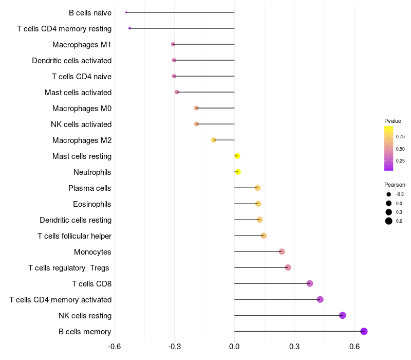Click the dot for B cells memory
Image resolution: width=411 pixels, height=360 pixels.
pyautogui.click(x=364, y=331)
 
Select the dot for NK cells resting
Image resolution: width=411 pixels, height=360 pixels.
pyautogui.click(x=343, y=315)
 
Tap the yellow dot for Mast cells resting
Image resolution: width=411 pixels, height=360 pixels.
pyautogui.click(x=237, y=156)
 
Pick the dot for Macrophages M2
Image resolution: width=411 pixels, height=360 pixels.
pyautogui.click(x=214, y=140)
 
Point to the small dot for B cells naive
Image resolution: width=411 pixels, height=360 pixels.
pyautogui.click(x=126, y=12)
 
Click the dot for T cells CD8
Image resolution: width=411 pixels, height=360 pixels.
pyautogui.click(x=310, y=283)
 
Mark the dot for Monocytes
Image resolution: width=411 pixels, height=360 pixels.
pyautogui.click(x=282, y=251)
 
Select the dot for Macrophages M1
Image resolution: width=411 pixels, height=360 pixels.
pyautogui.click(x=173, y=45)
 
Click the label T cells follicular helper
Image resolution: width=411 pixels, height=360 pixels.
pyautogui.click(x=74, y=236)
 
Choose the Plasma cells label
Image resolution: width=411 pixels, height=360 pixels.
pyautogui.click(x=90, y=188)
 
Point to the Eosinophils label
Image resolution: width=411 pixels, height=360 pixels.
pyautogui.click(x=92, y=204)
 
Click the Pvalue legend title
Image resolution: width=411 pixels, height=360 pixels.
pyautogui.click(x=393, y=121)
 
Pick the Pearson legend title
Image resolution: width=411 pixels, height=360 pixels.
pyautogui.click(x=395, y=185)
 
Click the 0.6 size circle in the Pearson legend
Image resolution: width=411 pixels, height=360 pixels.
pyautogui.click(x=389, y=221)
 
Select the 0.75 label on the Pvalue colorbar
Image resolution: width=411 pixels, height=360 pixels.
pyautogui.click(x=400, y=137)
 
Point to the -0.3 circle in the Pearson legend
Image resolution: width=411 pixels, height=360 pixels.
pyautogui.click(x=389, y=194)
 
